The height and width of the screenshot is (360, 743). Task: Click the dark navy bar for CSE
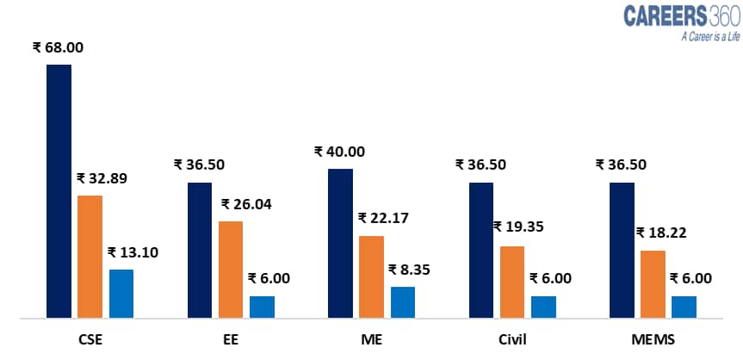tap(59, 191)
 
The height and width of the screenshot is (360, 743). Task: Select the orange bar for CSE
tap(90, 257)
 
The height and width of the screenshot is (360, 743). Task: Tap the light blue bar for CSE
tap(121, 294)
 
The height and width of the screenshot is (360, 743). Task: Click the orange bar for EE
tap(230, 270)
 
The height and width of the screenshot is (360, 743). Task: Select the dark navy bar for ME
tap(340, 244)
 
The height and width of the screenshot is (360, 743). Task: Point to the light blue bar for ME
tap(403, 302)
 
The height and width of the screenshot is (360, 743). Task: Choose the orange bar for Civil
tap(511, 282)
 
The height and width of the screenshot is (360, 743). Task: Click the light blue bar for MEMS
tap(684, 307)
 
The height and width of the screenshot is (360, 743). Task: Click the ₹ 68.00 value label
tap(58, 48)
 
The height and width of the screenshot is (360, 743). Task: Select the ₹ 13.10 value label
tap(133, 252)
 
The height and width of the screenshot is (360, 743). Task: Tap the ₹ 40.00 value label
tap(339, 152)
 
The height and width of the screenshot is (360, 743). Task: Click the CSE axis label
tap(90, 339)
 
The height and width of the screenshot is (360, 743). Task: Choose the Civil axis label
tap(511, 339)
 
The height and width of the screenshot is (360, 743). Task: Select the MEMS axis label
tap(652, 339)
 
